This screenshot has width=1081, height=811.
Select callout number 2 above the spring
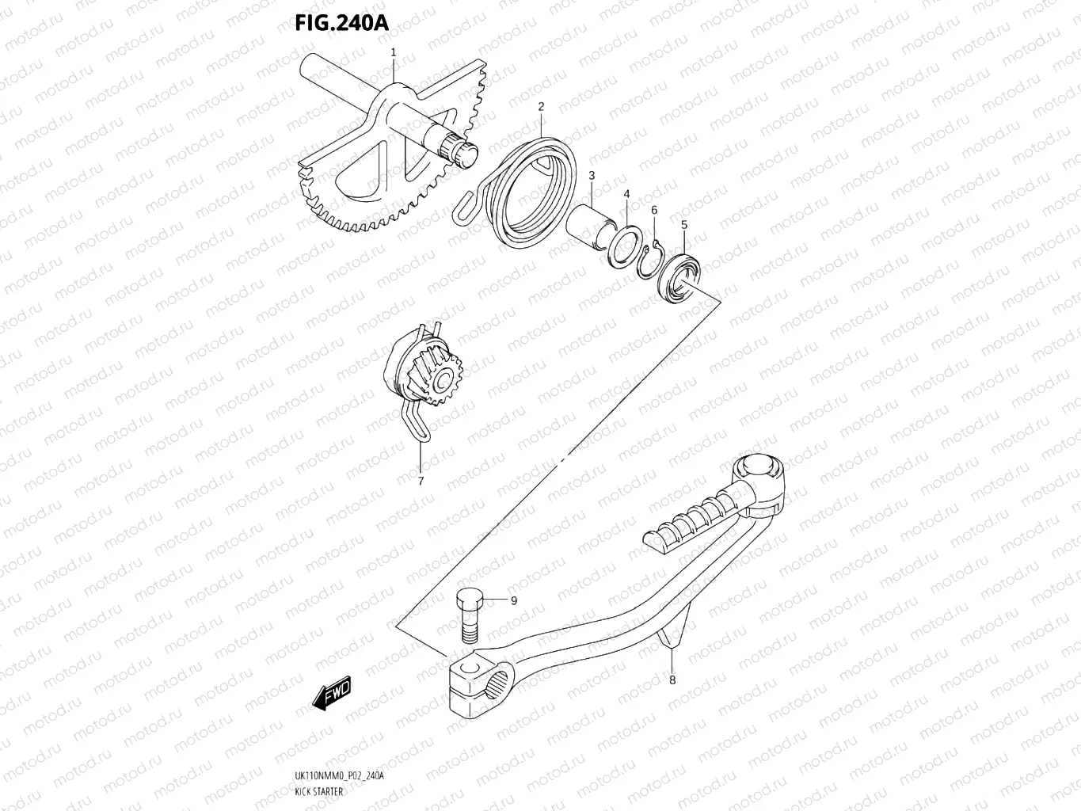point(541,106)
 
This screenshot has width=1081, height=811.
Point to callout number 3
point(591,174)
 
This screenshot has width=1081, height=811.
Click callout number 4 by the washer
point(626,193)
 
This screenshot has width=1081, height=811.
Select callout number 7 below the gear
point(421,480)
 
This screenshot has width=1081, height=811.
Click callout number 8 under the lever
point(672,679)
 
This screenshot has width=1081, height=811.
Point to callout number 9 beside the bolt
point(513,600)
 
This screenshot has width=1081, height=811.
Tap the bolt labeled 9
point(468,615)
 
